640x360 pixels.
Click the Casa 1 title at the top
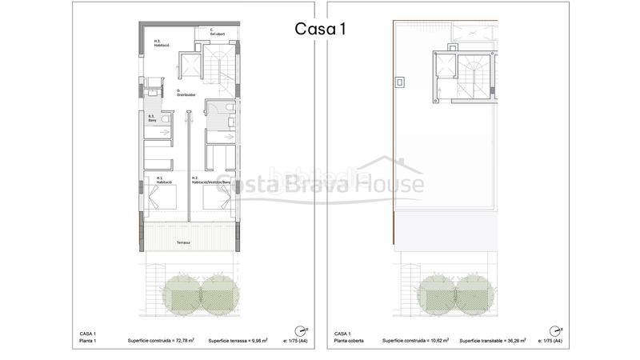tap(319, 28)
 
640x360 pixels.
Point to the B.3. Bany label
tap(152, 119)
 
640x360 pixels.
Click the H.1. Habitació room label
tap(165, 180)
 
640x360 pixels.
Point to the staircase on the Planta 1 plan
tap(218, 63)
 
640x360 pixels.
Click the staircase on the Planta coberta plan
tap(471, 77)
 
